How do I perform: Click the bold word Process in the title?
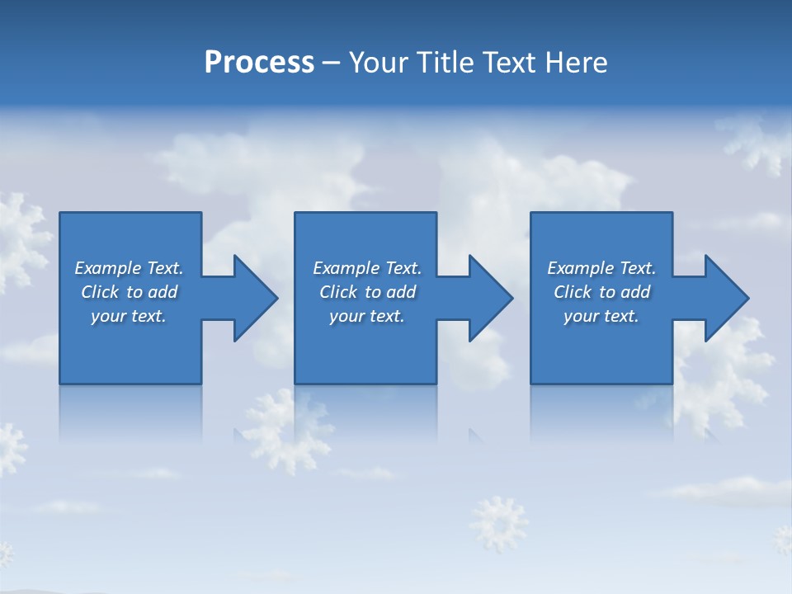[259, 63]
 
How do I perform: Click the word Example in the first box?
[109, 268]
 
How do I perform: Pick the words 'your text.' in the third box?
[601, 316]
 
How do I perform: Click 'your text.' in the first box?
[129, 316]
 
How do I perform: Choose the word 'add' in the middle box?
[401, 292]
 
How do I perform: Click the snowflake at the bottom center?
[498, 523]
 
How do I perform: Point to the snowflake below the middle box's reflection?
[285, 429]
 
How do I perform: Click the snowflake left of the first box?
[21, 239]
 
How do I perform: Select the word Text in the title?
[508, 63]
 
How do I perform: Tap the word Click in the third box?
[573, 292]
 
